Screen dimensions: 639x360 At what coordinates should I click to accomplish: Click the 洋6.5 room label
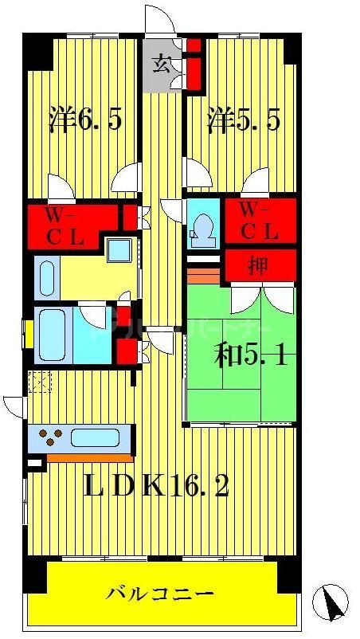[x=84, y=120]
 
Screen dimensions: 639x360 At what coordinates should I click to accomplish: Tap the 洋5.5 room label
[x=245, y=120]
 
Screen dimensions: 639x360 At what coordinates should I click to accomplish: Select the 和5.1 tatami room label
[x=251, y=353]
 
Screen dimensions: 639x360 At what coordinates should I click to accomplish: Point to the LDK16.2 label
[x=157, y=484]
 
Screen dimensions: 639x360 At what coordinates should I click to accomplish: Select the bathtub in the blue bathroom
[x=53, y=334]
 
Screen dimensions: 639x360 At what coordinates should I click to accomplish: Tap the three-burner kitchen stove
[x=51, y=437]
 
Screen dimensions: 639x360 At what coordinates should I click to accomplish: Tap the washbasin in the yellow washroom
[x=120, y=252]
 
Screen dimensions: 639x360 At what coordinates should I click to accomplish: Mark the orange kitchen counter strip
[x=88, y=457]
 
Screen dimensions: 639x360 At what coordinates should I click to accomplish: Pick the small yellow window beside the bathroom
[x=29, y=334]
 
